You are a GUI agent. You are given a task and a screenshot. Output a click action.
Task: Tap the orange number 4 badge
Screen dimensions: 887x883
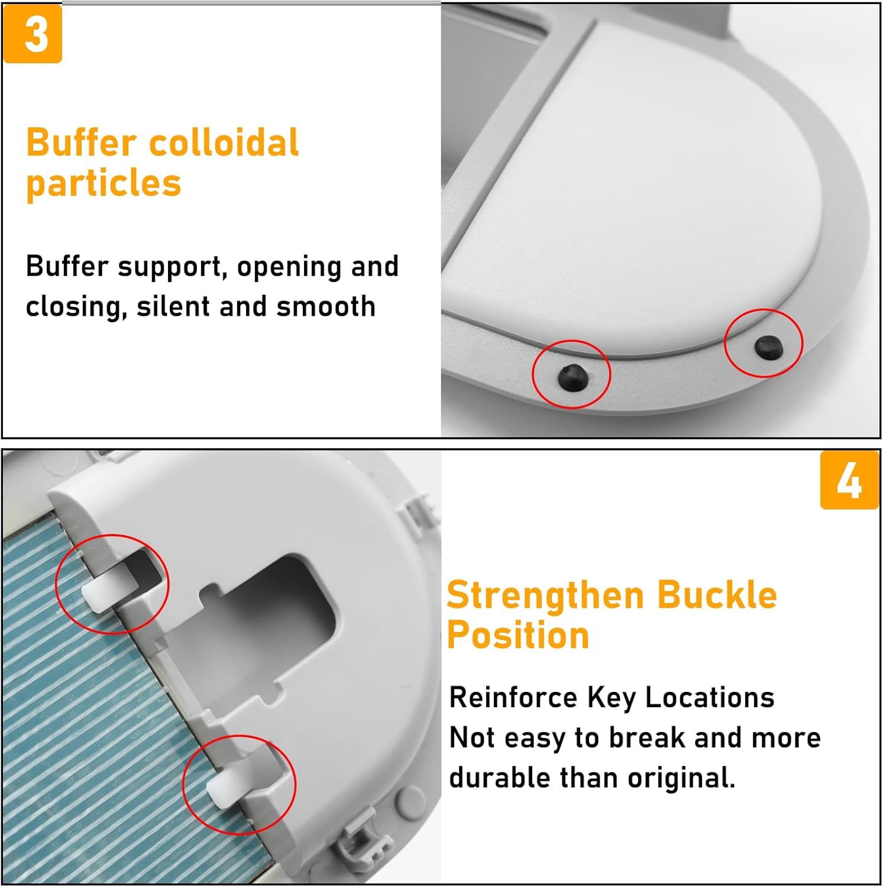tap(849, 480)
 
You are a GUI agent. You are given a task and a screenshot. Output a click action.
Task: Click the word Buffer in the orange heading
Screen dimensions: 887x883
tap(81, 143)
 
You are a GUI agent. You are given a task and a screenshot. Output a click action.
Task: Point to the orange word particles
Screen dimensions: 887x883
tap(103, 183)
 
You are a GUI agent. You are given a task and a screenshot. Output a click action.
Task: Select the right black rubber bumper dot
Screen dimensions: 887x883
tap(768, 347)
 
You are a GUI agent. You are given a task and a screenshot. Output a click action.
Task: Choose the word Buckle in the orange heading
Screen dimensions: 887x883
tap(717, 595)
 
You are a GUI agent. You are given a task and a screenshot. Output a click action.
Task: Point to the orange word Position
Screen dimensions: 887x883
tap(518, 636)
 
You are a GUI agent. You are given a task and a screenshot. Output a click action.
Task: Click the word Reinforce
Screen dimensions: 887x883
tap(513, 698)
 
